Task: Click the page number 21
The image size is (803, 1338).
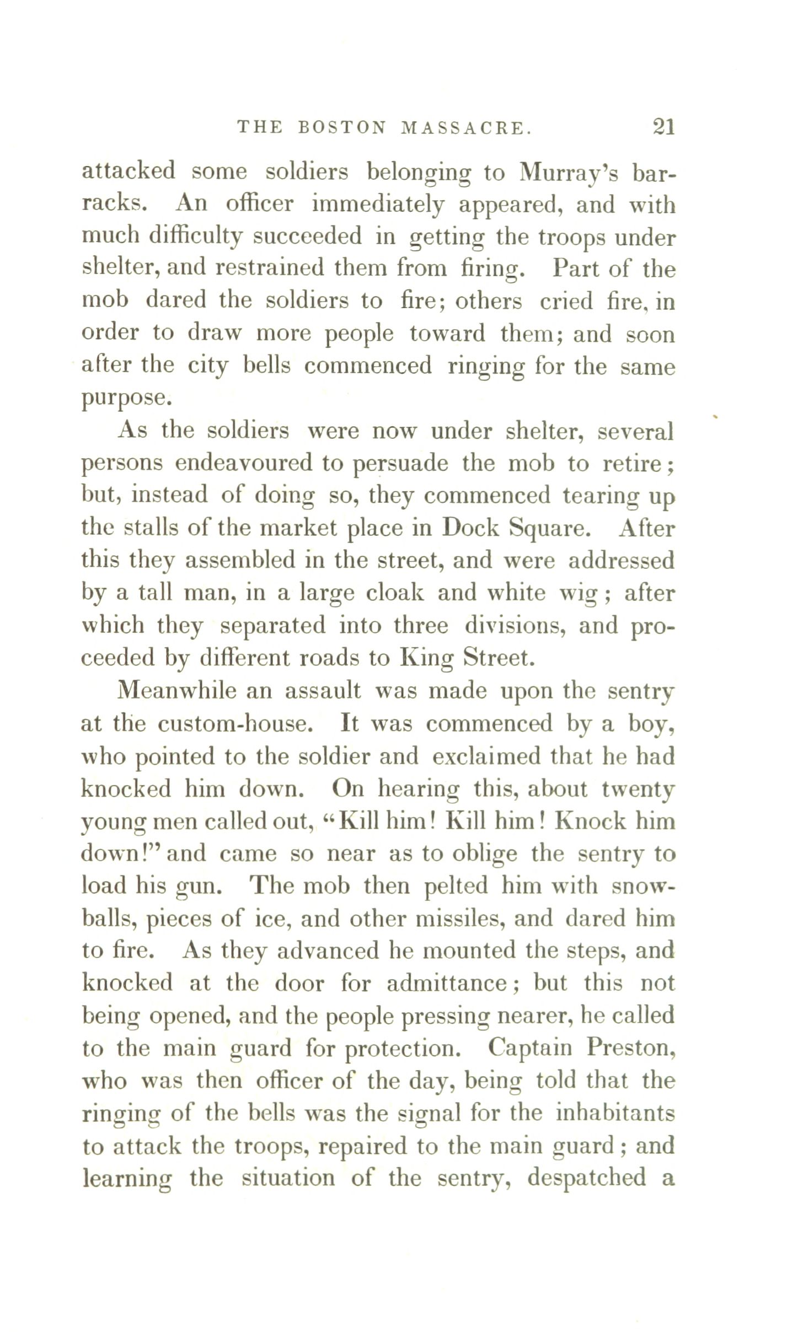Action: (x=663, y=128)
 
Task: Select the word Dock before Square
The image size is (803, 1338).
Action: (x=470, y=528)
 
